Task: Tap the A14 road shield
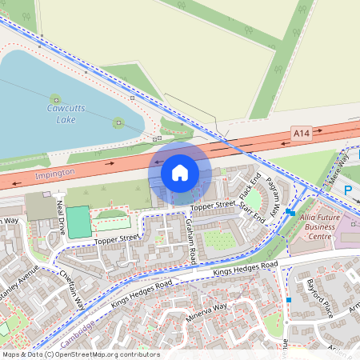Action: coord(301,133)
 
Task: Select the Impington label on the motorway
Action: coord(55,172)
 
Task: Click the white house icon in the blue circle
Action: coord(180,173)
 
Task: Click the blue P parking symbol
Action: coord(348,190)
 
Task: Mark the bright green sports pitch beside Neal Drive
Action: coord(78,222)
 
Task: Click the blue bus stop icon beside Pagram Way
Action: coord(290,213)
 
